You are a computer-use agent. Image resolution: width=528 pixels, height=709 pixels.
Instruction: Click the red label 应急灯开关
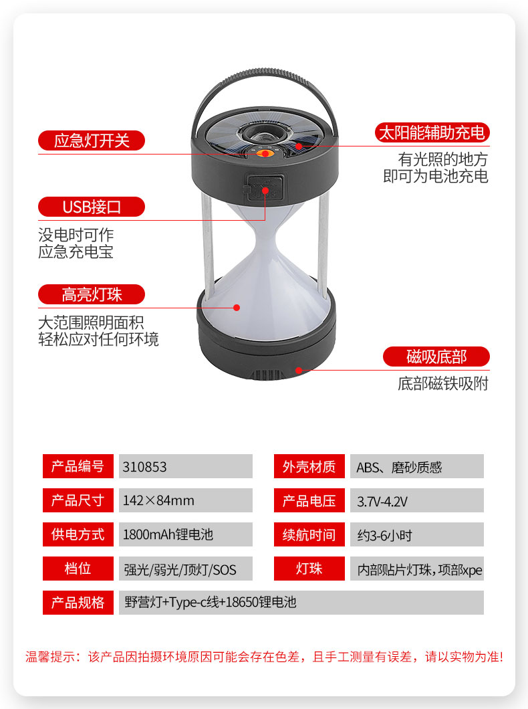pyautogui.click(x=92, y=140)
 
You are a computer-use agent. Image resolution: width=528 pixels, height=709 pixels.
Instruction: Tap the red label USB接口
pyautogui.click(x=92, y=207)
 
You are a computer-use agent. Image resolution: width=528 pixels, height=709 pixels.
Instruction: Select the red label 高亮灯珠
pyautogui.click(x=92, y=294)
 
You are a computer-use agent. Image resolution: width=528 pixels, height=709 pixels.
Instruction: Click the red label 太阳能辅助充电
pyautogui.click(x=432, y=132)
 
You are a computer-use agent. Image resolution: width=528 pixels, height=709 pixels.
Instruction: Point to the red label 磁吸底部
pyautogui.click(x=436, y=357)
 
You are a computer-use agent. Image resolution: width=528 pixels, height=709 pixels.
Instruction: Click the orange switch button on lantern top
pyautogui.click(x=265, y=154)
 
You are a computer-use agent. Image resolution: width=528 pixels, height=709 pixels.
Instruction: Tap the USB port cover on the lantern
pyautogui.click(x=264, y=188)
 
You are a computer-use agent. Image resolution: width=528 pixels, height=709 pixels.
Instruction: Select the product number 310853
pyautogui.click(x=144, y=467)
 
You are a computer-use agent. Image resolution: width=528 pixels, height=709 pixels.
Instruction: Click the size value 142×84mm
pyautogui.click(x=158, y=500)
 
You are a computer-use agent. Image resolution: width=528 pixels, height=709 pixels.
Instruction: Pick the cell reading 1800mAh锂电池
pyautogui.click(x=168, y=534)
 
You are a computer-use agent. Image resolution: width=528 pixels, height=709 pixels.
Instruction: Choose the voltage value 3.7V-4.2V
pyautogui.click(x=382, y=502)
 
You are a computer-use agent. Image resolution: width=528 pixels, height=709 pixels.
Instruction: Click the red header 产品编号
pyautogui.click(x=78, y=466)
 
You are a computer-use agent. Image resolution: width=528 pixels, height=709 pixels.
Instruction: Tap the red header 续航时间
pyautogui.click(x=309, y=534)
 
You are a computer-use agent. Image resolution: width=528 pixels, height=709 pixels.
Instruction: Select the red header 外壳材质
pyautogui.click(x=309, y=466)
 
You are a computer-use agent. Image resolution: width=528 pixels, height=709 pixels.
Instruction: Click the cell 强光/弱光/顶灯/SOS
pyautogui.click(x=180, y=569)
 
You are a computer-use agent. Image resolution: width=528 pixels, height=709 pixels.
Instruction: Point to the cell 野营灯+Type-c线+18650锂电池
pyautogui.click(x=211, y=602)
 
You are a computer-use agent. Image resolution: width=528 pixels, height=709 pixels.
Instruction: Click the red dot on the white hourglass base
pyautogui.click(x=237, y=308)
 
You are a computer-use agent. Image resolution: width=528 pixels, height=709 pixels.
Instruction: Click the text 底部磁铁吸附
pyautogui.click(x=442, y=383)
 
